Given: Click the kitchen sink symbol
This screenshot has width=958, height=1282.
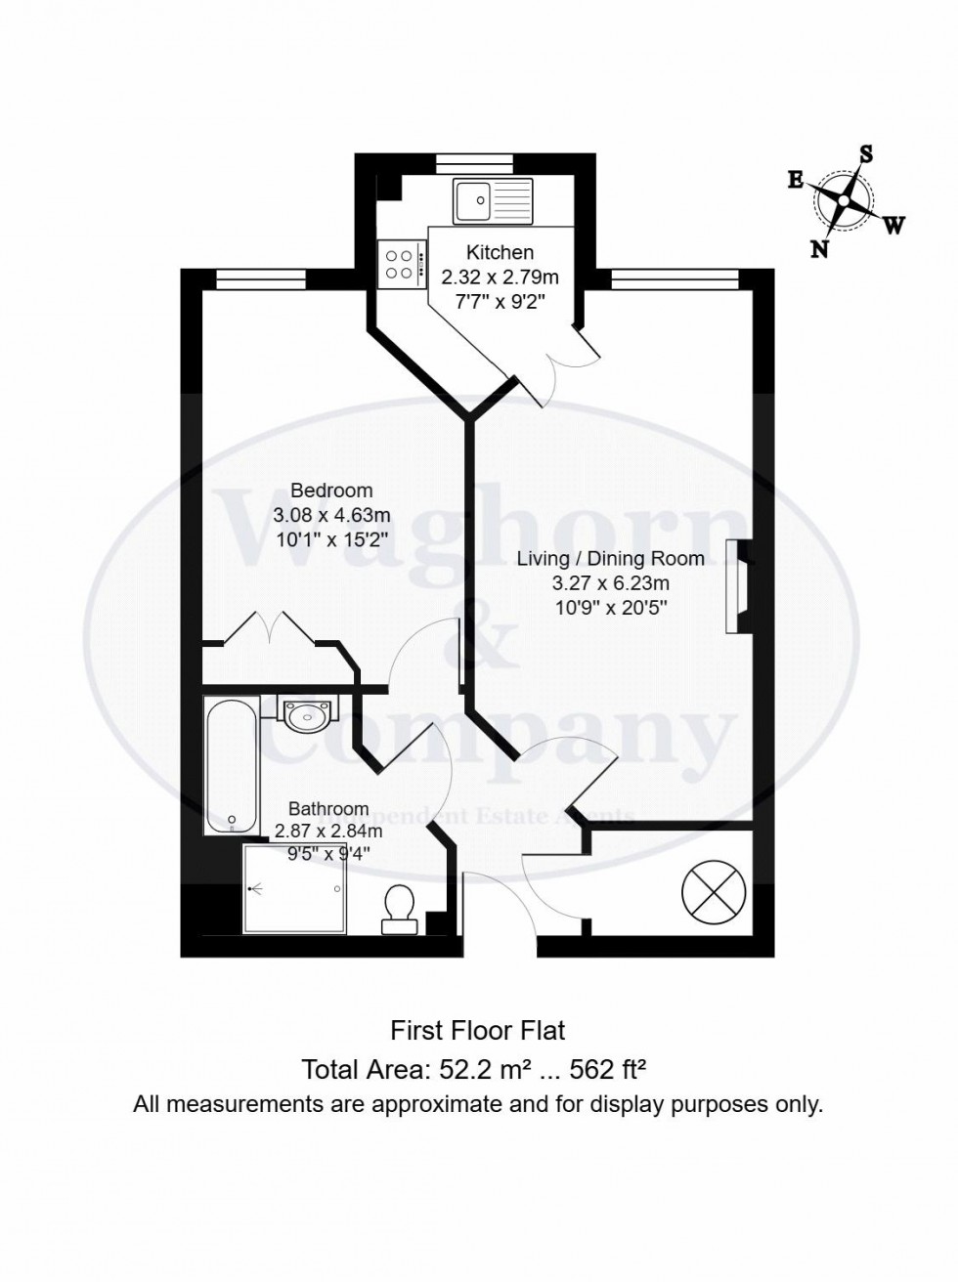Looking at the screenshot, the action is (493, 201).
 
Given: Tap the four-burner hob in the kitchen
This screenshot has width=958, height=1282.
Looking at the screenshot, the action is (403, 264).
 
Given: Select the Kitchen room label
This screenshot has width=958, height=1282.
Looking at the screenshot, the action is (501, 253).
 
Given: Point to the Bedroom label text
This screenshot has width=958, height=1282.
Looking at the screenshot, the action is (331, 490).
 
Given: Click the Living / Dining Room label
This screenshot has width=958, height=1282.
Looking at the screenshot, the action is (611, 559).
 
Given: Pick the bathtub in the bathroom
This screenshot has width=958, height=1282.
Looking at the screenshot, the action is (232, 765).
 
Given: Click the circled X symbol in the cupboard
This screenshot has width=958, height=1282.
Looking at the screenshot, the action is (714, 893).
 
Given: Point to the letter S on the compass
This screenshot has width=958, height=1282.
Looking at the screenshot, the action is (866, 155).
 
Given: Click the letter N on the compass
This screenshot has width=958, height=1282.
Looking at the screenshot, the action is (820, 249).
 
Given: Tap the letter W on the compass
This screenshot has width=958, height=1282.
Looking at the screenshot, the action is (893, 225).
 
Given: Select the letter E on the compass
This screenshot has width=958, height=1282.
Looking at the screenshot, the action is (796, 182).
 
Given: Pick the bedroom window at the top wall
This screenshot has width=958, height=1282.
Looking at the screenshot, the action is (261, 278).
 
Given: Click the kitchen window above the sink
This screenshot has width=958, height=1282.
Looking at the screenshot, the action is (475, 163).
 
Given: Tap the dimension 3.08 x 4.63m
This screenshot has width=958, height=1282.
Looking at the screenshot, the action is (331, 515).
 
